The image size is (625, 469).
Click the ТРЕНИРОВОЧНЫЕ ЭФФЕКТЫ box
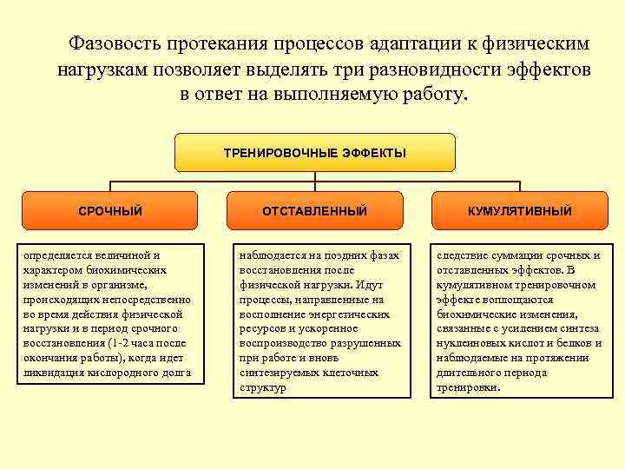[x=314, y=152]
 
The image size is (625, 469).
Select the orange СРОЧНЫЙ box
[x=109, y=211]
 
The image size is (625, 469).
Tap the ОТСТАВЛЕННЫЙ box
[x=314, y=211]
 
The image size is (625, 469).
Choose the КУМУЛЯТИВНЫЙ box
[x=519, y=211]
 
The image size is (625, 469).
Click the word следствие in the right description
[x=467, y=255]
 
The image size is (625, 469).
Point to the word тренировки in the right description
[x=469, y=387]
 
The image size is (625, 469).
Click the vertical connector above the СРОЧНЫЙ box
[x=109, y=186]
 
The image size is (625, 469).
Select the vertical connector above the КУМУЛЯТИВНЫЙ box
[x=519, y=186]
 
